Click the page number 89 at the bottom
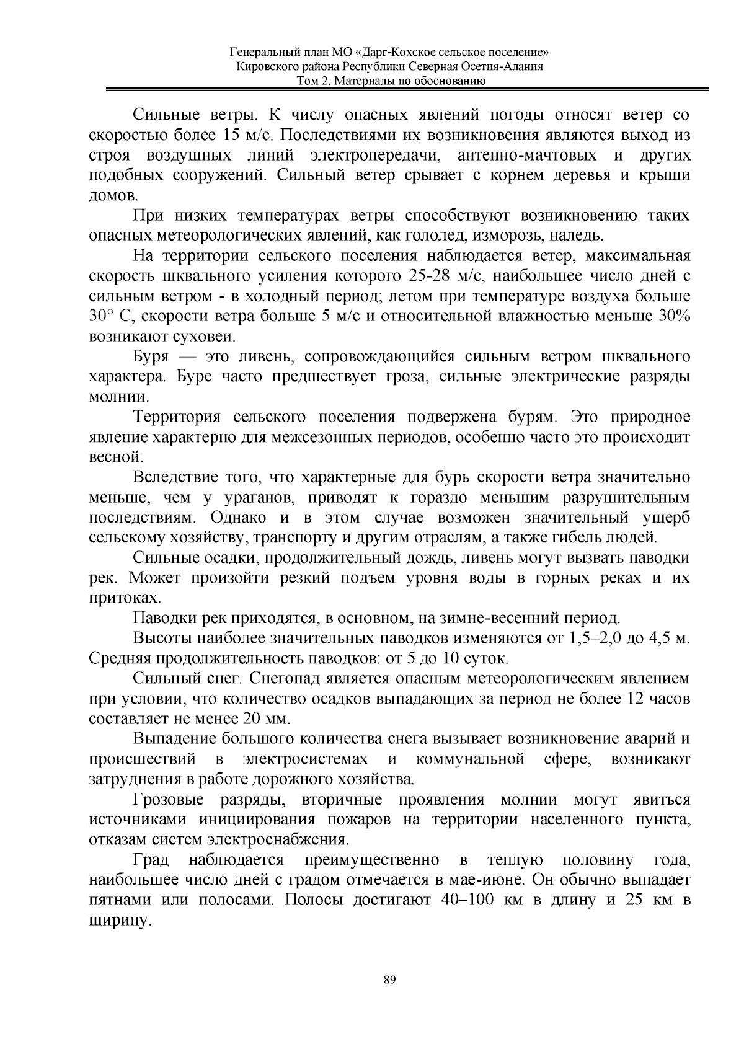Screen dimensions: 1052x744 [x=389, y=980]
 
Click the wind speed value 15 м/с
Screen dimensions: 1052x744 [x=239, y=136]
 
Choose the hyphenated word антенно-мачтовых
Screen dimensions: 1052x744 [x=527, y=156]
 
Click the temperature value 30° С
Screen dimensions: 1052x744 [x=110, y=317]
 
